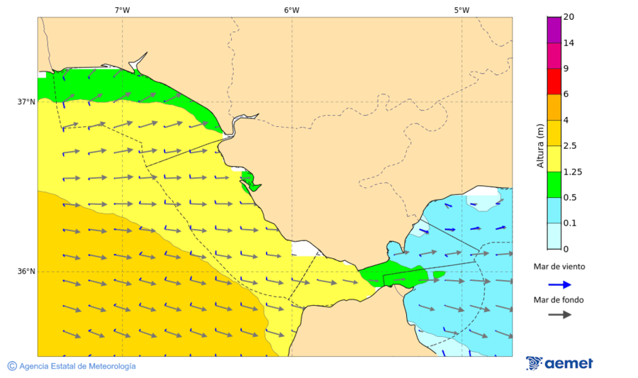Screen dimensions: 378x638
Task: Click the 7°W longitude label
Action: click(x=122, y=10)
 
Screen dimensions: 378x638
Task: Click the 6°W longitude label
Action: click(x=291, y=10)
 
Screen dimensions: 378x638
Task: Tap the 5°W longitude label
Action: click(x=461, y=10)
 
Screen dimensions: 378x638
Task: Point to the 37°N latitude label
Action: click(x=26, y=101)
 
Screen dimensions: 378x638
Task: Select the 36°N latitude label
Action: click(x=26, y=271)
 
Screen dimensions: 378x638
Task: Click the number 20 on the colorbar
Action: click(x=569, y=17)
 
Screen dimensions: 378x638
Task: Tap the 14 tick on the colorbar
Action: click(x=569, y=43)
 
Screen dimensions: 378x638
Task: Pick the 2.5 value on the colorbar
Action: click(x=570, y=146)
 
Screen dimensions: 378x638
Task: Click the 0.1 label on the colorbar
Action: click(x=570, y=223)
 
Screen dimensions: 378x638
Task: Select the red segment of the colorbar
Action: click(x=554, y=82)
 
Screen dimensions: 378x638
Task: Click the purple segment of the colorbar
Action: click(x=554, y=30)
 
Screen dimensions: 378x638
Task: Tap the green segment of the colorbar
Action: click(x=554, y=184)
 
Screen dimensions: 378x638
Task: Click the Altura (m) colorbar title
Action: click(x=540, y=145)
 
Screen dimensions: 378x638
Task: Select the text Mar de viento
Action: click(x=559, y=267)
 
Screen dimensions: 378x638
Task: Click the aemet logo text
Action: click(x=569, y=363)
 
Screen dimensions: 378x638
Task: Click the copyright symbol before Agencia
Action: click(x=12, y=366)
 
